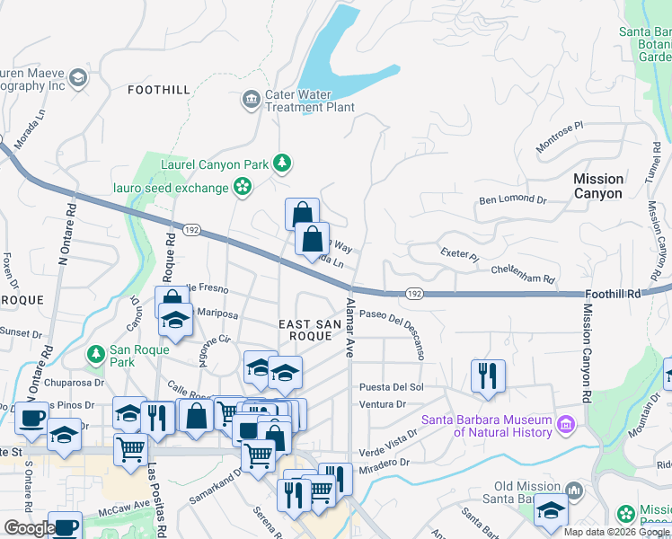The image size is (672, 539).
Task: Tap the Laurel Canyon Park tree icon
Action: coord(283,163)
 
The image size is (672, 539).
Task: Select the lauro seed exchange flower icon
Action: coord(242,186)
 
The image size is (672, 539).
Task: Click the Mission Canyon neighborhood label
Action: coord(597,186)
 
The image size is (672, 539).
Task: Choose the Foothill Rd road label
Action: coord(614,294)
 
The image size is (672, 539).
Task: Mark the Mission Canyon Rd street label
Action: coord(588,352)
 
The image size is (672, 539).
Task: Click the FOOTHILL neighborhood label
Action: coord(159,90)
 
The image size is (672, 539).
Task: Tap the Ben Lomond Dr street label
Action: coord(512,199)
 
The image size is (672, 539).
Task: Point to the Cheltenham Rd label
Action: coord(522,274)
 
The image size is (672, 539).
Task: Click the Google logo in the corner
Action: coord(29,528)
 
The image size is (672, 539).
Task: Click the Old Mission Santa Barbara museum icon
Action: coord(575,491)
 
